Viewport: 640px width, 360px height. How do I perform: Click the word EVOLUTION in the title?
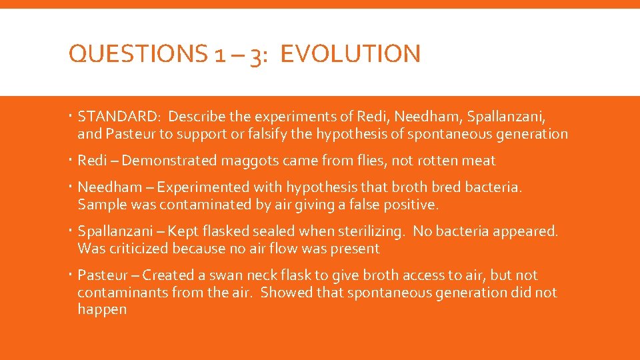click(x=351, y=54)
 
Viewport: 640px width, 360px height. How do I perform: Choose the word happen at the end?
click(x=102, y=310)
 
